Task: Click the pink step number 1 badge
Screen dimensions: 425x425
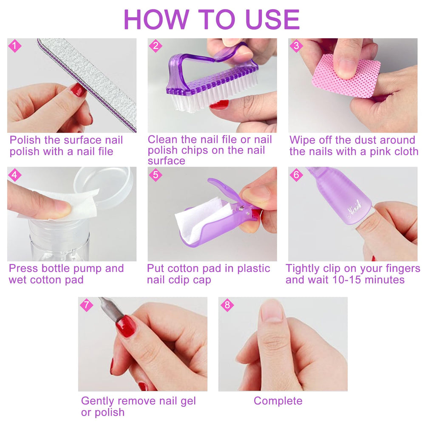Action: pos(14,46)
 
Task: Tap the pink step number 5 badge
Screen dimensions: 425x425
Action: pos(156,175)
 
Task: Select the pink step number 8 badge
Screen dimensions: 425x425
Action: pos(227,305)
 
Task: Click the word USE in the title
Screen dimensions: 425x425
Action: pos(272,19)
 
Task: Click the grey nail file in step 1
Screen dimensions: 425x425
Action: pos(87,84)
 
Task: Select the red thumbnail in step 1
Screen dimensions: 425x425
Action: pos(78,90)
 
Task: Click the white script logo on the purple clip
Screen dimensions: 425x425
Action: pos(355,208)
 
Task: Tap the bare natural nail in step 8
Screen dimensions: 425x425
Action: pos(272,311)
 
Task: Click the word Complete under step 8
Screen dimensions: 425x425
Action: pos(278,401)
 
